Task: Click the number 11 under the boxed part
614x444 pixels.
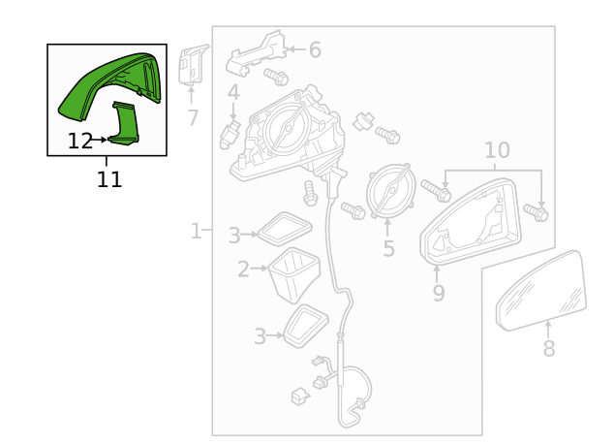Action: (109, 179)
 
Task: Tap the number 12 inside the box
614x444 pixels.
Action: (80, 142)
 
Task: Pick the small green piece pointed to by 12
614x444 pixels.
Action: (125, 124)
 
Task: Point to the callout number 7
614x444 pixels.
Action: (193, 118)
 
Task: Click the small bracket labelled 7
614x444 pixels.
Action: (194, 65)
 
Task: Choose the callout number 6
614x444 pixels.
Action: (315, 50)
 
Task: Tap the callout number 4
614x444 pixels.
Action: (233, 93)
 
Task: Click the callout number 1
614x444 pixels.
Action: (196, 232)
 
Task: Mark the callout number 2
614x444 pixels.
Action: (244, 270)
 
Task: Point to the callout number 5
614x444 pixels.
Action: (388, 249)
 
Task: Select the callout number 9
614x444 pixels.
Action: (439, 293)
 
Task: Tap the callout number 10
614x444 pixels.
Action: (496, 150)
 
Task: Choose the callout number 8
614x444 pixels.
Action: (548, 349)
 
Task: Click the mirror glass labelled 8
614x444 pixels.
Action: (542, 291)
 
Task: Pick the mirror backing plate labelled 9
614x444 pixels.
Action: (472, 225)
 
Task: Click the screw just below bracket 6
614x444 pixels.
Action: (276, 76)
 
